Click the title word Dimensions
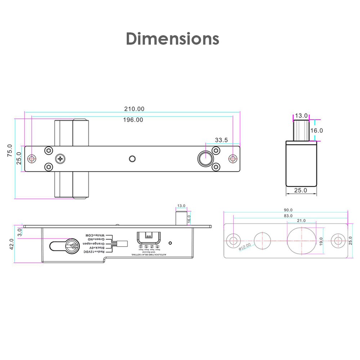point(172,39)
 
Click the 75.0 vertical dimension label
point(10,150)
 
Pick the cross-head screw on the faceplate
point(60,158)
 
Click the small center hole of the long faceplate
point(132,159)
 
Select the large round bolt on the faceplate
point(205,159)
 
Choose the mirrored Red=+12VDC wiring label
point(93,252)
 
